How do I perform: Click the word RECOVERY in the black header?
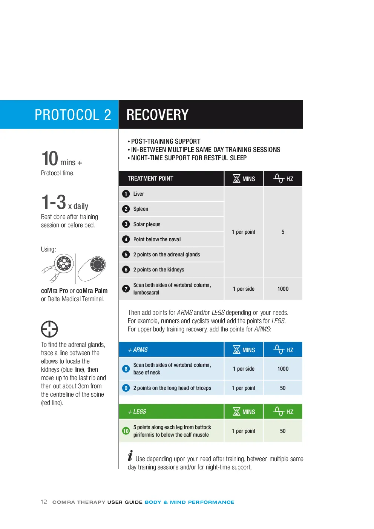pos(157,115)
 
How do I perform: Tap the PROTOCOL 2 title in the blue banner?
pos(73,115)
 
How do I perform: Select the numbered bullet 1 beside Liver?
pos(126,194)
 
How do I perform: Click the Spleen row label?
pos(141,209)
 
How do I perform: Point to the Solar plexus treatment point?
pos(147,224)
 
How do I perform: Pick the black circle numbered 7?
pos(126,288)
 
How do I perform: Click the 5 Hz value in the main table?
pos(283,232)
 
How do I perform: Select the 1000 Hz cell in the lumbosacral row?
pos(283,288)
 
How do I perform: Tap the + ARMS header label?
pos(138,350)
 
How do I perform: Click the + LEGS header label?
pos(137,411)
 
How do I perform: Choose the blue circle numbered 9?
pos(126,388)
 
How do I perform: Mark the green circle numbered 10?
pos(126,431)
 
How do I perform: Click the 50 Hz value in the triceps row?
pos(283,388)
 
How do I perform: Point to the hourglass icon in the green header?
pos(236,411)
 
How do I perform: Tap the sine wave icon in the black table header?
pos(279,179)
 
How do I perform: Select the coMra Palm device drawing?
pos(92,268)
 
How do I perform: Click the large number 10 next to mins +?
pos(50,158)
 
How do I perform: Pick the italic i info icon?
pos(130,455)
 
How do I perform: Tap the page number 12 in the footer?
pos(44,502)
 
